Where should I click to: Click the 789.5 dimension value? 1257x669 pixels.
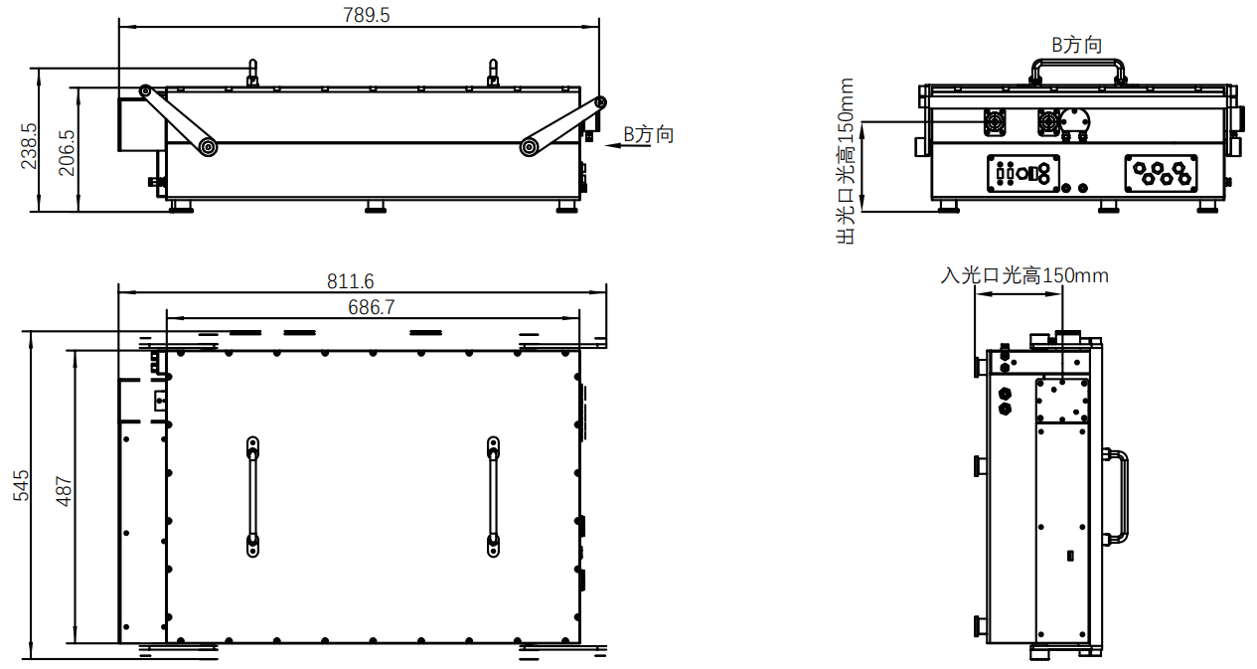366,15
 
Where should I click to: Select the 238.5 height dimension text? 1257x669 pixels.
29,146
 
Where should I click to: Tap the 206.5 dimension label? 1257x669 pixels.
67,153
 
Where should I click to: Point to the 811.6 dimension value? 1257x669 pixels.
350,281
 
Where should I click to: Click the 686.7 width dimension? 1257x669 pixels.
371,307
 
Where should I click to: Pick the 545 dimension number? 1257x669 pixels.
21,485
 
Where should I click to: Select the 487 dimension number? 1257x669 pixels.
64,492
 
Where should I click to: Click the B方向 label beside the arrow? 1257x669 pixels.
649,134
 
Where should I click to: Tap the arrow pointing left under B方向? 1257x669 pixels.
628,146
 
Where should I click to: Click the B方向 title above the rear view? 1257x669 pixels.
1077,45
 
